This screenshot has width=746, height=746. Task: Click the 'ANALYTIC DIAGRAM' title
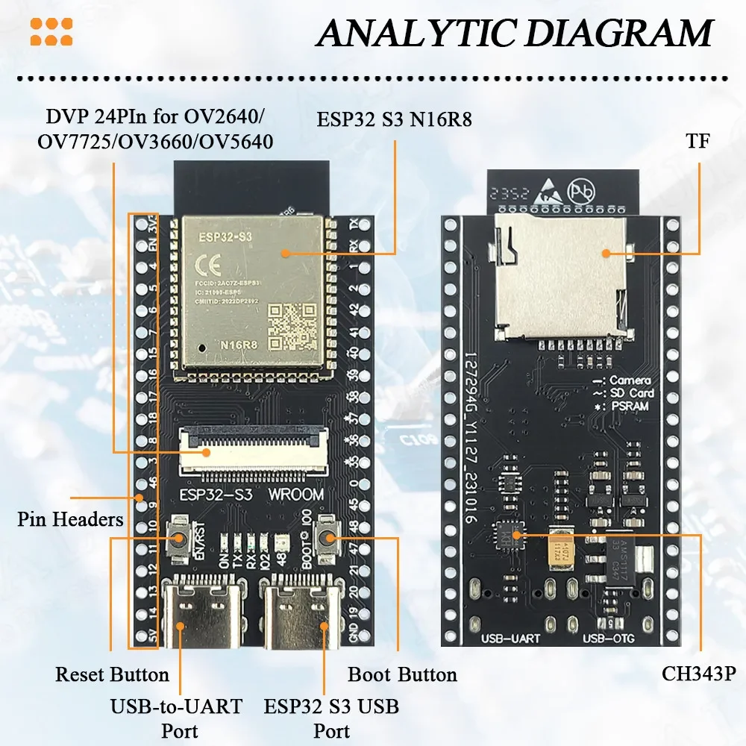pyautogui.click(x=513, y=33)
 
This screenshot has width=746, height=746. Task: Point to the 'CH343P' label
pyautogui.click(x=699, y=674)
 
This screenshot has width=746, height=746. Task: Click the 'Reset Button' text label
pyautogui.click(x=112, y=675)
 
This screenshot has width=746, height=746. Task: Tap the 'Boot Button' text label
pyautogui.click(x=402, y=675)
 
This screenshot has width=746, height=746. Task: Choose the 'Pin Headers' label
pyautogui.click(x=70, y=518)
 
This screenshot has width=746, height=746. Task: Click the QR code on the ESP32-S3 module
pyautogui.click(x=293, y=326)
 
